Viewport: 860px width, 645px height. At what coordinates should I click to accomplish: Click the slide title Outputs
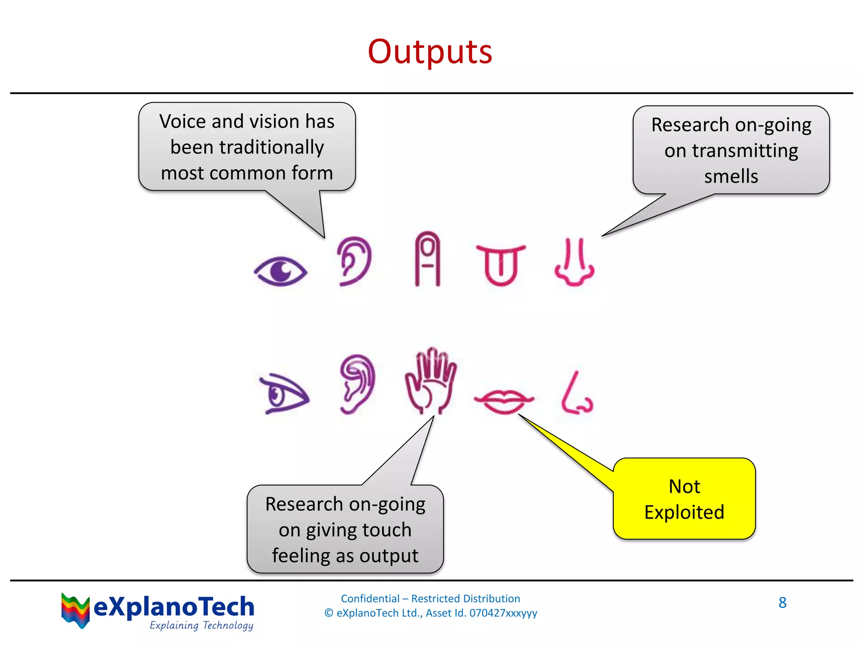(430, 52)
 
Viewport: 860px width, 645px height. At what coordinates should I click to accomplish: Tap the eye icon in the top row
(281, 271)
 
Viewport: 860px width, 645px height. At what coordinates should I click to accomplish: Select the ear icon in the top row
(354, 261)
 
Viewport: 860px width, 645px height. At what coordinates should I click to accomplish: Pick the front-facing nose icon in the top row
(574, 263)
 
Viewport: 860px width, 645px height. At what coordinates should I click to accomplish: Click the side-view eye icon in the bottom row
(283, 394)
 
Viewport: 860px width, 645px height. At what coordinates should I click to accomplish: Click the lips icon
(503, 401)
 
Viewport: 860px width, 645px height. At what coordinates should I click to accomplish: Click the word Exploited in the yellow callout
(684, 512)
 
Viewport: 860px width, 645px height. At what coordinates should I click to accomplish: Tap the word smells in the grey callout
(731, 176)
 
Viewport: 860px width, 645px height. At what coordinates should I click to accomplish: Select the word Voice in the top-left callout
(183, 122)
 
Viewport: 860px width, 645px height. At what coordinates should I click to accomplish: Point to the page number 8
(782, 603)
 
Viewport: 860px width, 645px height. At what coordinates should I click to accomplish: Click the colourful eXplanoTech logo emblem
(75, 610)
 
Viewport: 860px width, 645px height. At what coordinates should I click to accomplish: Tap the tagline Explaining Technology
(202, 625)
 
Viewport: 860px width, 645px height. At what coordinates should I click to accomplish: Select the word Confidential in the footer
(370, 598)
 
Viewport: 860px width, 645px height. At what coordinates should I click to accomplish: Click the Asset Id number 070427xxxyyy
(503, 613)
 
